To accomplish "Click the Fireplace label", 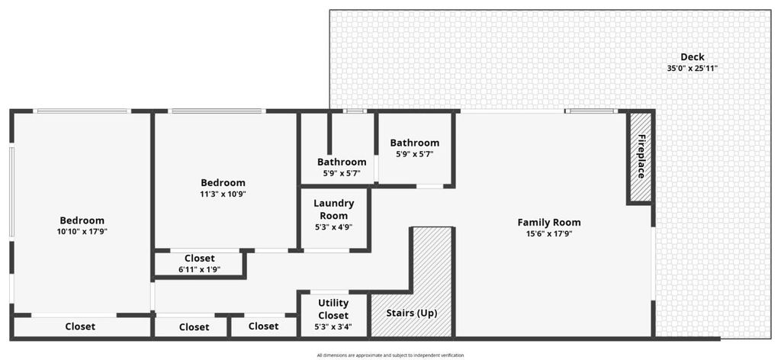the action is coord(641,156).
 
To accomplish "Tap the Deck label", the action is coord(693,57).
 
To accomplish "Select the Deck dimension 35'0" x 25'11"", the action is coord(693,69).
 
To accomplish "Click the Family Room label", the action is coord(549,223).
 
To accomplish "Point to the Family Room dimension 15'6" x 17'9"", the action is coord(549,234).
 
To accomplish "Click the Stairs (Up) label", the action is coord(412,313).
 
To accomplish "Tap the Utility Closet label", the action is coord(333,309).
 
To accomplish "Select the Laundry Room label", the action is coord(334,209).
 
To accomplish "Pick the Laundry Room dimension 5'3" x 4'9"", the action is coord(334,227).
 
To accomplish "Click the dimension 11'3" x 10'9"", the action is coord(223,194).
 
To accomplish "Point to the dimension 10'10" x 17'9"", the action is coord(82,232).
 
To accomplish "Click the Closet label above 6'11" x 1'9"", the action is coord(199,259).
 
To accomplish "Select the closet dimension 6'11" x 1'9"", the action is coord(199,269).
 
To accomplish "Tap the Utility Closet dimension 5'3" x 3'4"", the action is coord(333,327).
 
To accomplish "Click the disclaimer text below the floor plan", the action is coord(390,355).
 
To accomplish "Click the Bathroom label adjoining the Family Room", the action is coord(414,143).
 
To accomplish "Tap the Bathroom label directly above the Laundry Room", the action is coord(342,162).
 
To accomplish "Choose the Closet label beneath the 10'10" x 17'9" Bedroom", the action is coord(80,326).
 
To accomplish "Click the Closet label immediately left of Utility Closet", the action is coord(263,326).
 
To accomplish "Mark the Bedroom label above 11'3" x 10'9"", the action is coord(223,183).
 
